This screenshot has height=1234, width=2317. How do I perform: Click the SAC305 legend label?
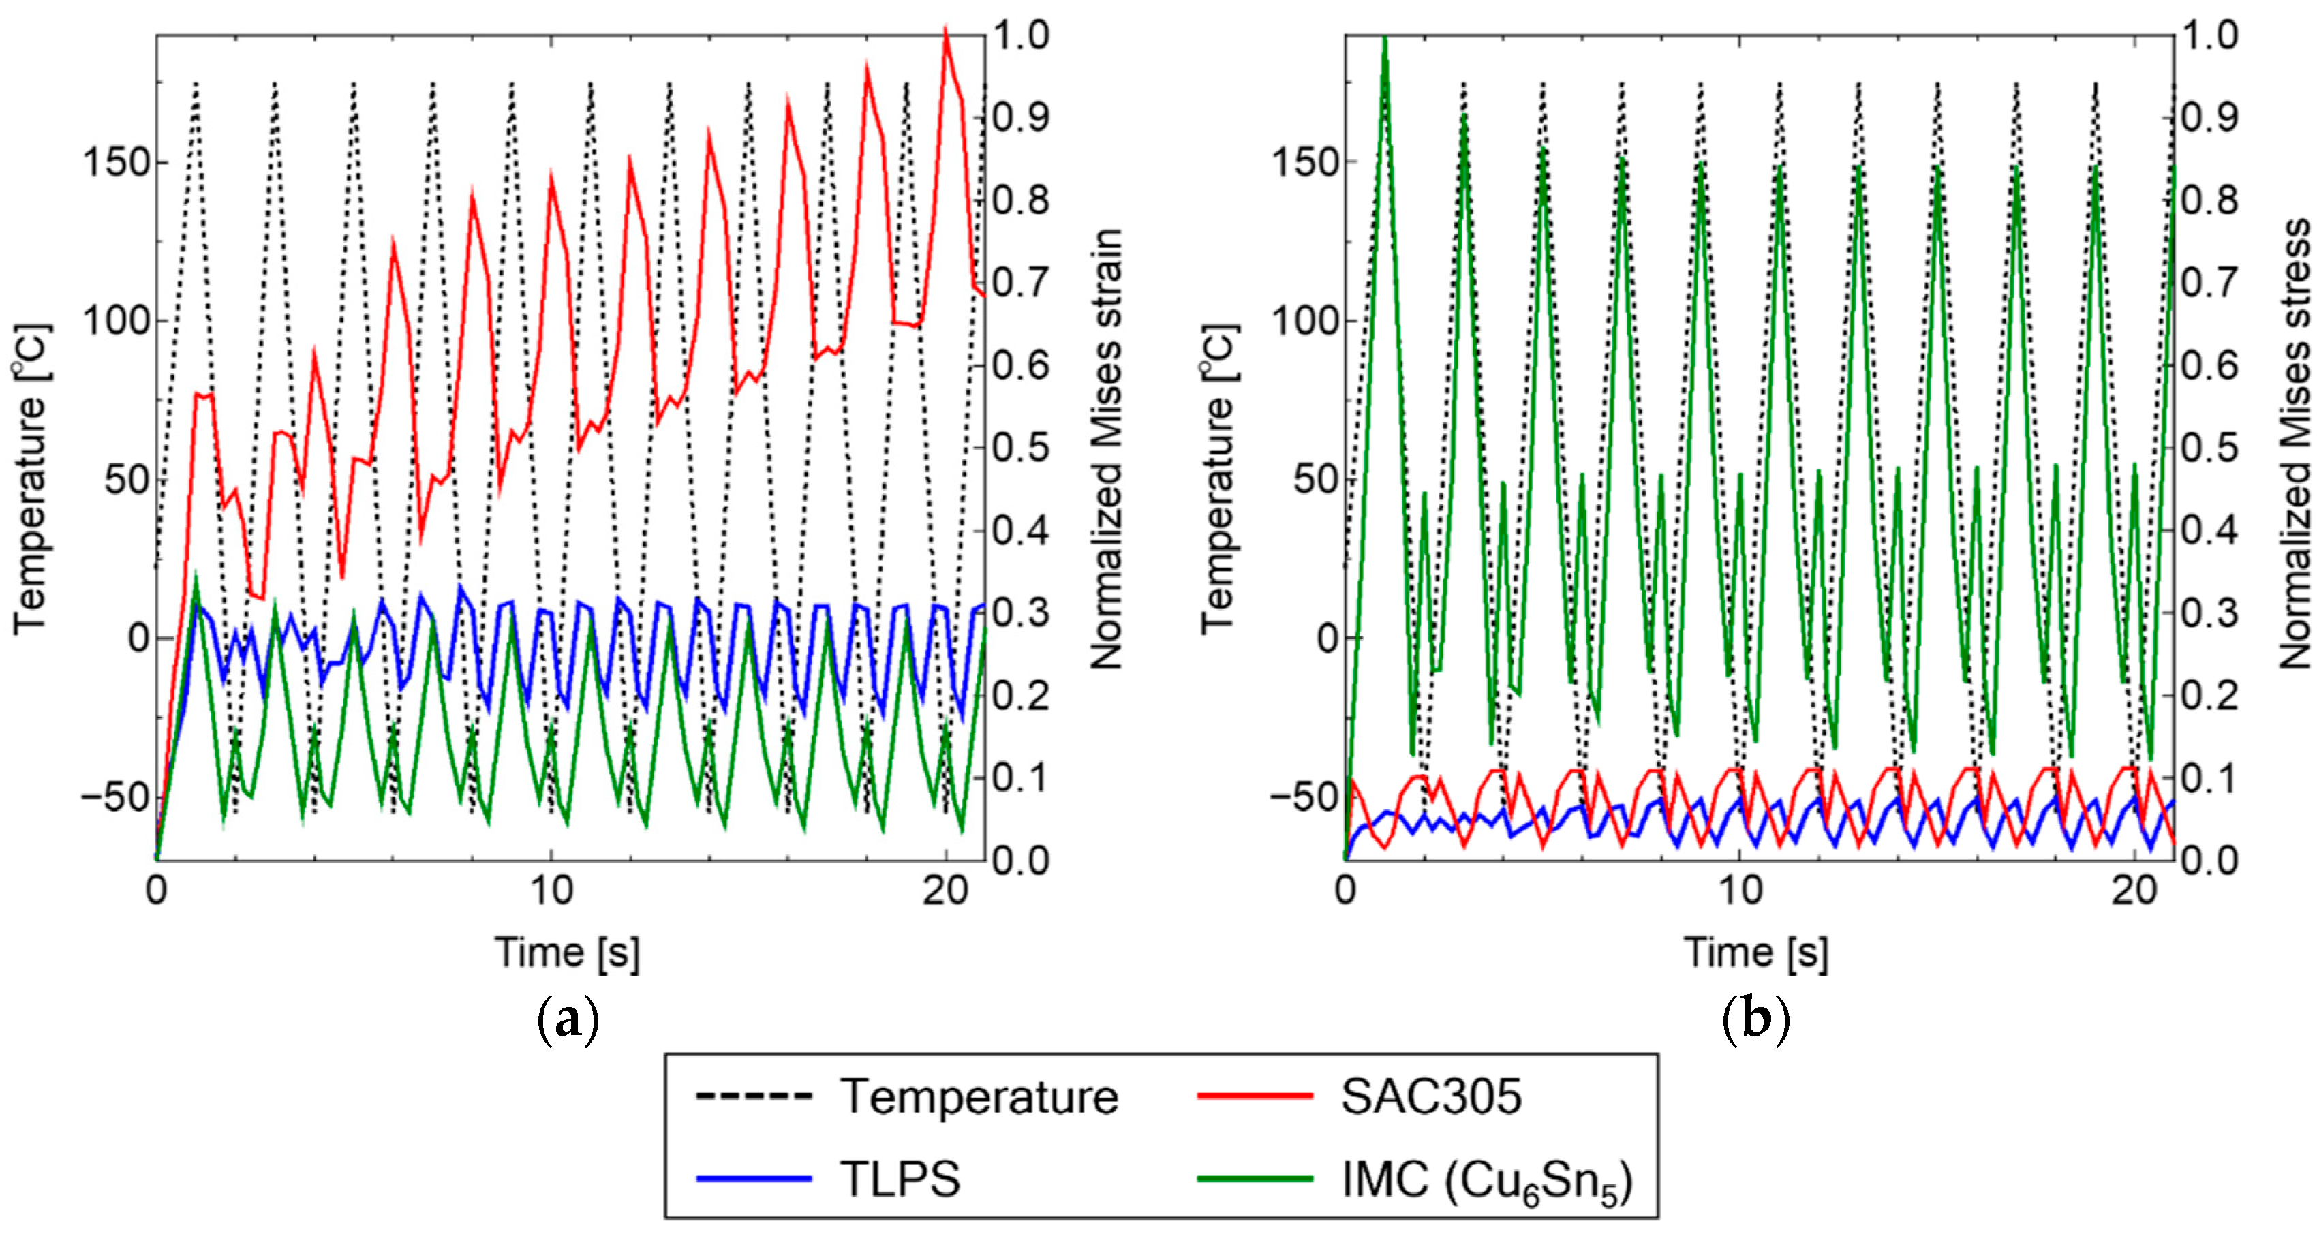click(x=1431, y=1097)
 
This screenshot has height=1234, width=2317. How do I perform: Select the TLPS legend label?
click(x=900, y=1178)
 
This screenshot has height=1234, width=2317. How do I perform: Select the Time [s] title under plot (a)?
click(x=568, y=952)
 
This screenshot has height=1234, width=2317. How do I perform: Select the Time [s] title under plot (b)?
click(x=1755, y=952)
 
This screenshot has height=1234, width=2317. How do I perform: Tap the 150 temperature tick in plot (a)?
click(x=115, y=164)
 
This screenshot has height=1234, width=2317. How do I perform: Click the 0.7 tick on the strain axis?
click(x=1021, y=282)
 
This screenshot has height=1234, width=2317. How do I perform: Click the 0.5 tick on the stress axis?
click(x=2210, y=448)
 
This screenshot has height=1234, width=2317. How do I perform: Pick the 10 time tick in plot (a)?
click(x=551, y=891)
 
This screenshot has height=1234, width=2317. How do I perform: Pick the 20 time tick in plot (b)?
click(x=2134, y=891)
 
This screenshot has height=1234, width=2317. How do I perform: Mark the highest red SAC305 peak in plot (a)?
click(x=945, y=31)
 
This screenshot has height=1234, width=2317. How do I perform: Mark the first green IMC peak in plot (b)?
click(x=1385, y=37)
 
